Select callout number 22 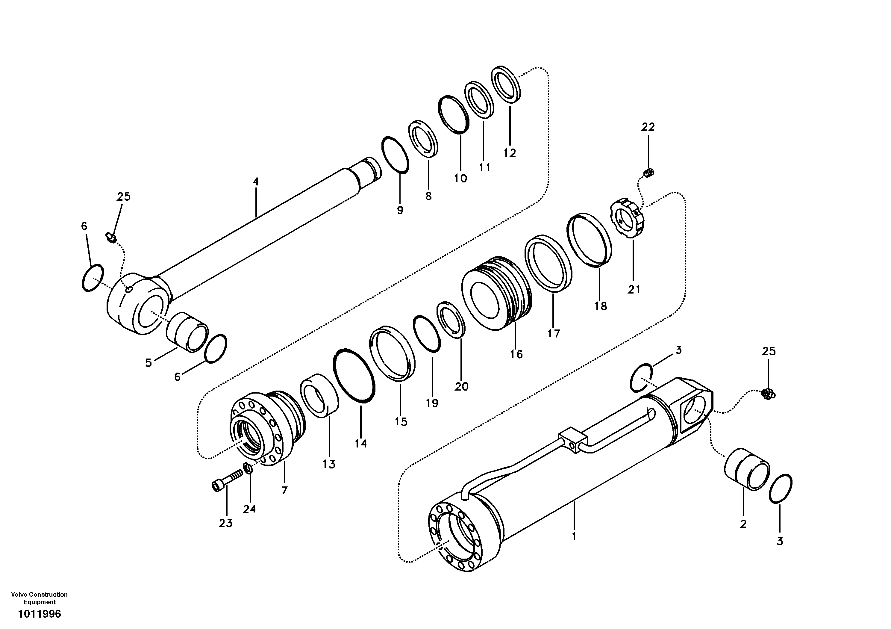click(x=648, y=127)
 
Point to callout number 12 click(x=510, y=153)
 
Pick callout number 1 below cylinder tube click(x=574, y=536)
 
